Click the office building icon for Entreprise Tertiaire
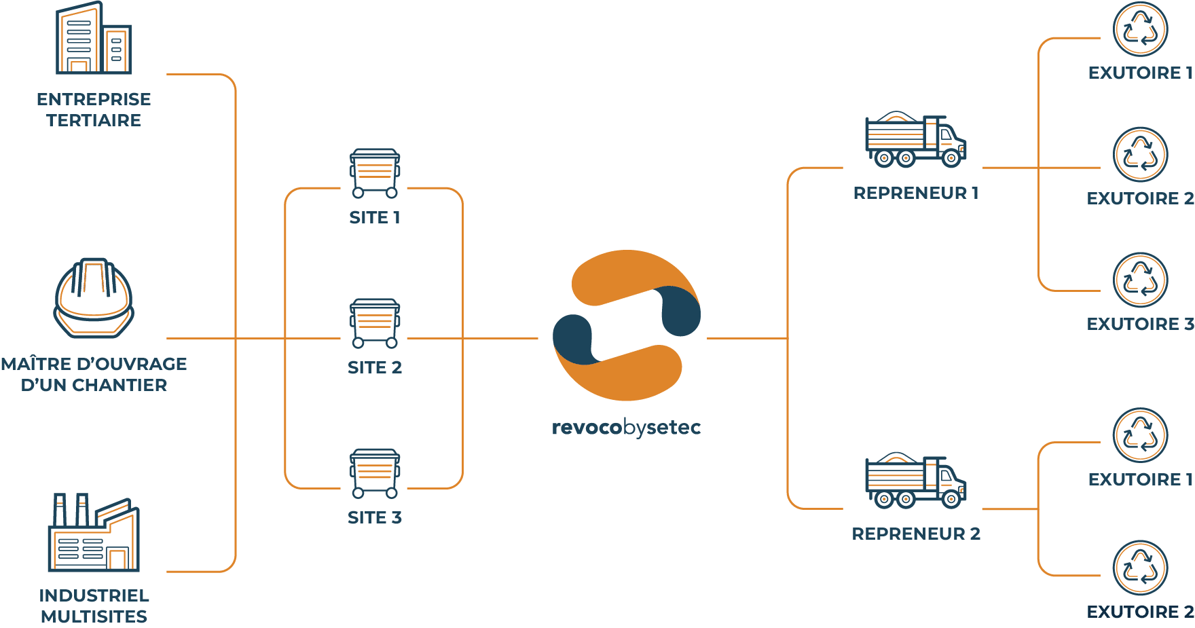tap(93, 39)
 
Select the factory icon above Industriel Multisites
tap(94, 533)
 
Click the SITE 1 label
tap(375, 218)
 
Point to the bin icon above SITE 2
tap(375, 323)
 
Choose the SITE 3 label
tap(375, 518)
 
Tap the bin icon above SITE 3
tap(375, 473)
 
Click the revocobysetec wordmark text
tap(626, 428)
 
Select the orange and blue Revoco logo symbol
tap(626, 325)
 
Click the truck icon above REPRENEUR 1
tap(915, 140)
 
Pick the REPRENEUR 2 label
tap(916, 534)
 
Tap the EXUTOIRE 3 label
tap(1140, 325)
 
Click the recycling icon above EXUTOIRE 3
tap(1140, 280)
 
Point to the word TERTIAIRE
tap(94, 121)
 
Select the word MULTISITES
tap(94, 617)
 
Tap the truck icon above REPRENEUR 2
tap(915, 481)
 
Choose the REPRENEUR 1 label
tap(916, 193)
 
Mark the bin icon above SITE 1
tap(375, 174)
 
